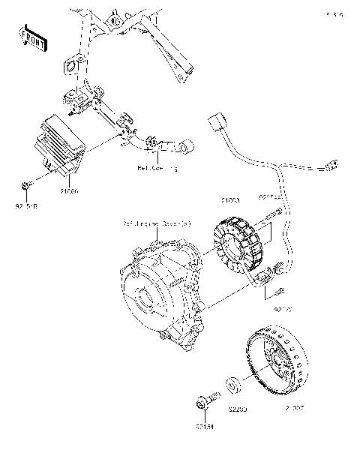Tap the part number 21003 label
click(x=229, y=200)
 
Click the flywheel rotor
click(x=279, y=364)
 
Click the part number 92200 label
click(x=238, y=410)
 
